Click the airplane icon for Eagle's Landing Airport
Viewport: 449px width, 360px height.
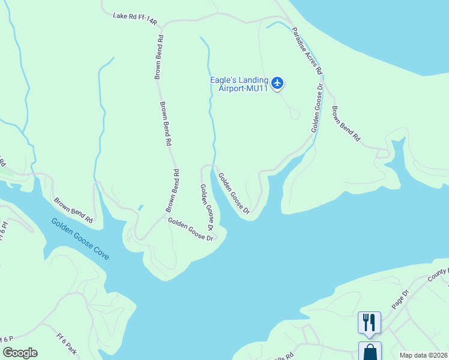coord(277,83)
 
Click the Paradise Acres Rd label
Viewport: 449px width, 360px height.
coord(307,51)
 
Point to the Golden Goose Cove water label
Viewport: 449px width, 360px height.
coord(80,238)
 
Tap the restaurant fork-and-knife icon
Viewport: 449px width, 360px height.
coord(369,322)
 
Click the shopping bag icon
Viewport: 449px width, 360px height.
coord(369,351)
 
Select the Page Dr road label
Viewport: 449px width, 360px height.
coord(400,298)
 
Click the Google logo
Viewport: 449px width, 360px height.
coord(19,353)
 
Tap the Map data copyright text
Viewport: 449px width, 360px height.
coord(423,355)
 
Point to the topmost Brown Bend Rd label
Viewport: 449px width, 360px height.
coord(159,56)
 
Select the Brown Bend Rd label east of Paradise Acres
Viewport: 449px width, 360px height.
coord(346,124)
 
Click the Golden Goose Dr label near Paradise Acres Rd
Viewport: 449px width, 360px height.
coord(317,109)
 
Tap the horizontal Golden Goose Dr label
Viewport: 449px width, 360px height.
coord(191,229)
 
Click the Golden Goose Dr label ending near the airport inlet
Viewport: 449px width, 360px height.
coord(234,193)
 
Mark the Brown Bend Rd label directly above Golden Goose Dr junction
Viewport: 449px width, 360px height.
coord(172,190)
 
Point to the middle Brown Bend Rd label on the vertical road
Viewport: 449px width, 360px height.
coord(165,124)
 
